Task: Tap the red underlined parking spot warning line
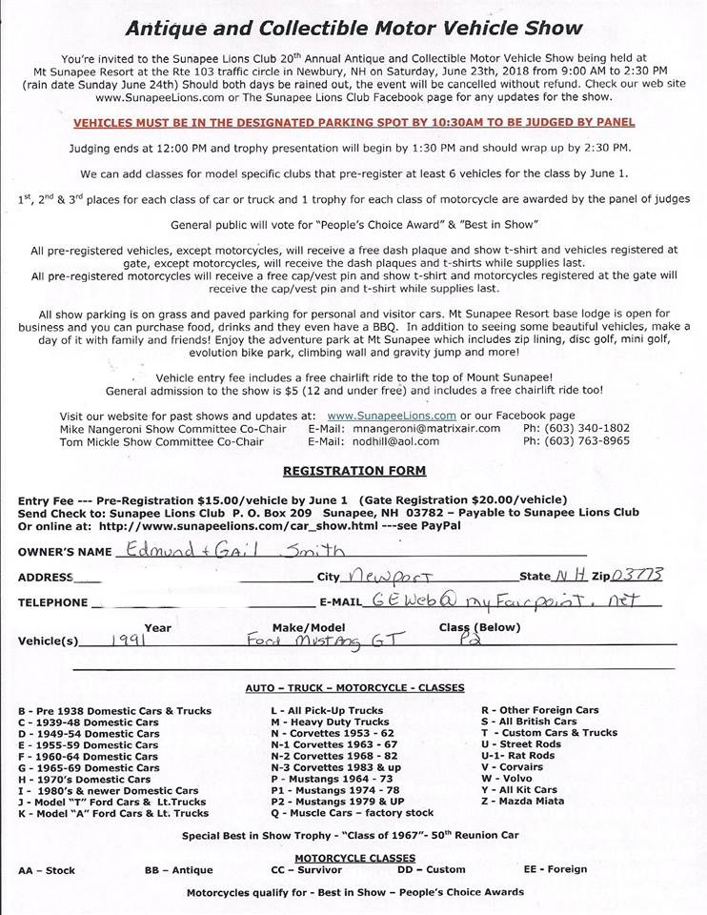click(354, 123)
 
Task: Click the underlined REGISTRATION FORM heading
click(354, 471)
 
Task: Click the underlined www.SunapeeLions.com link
click(391, 416)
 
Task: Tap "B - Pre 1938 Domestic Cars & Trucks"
click(114, 710)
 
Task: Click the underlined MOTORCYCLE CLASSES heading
click(354, 858)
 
